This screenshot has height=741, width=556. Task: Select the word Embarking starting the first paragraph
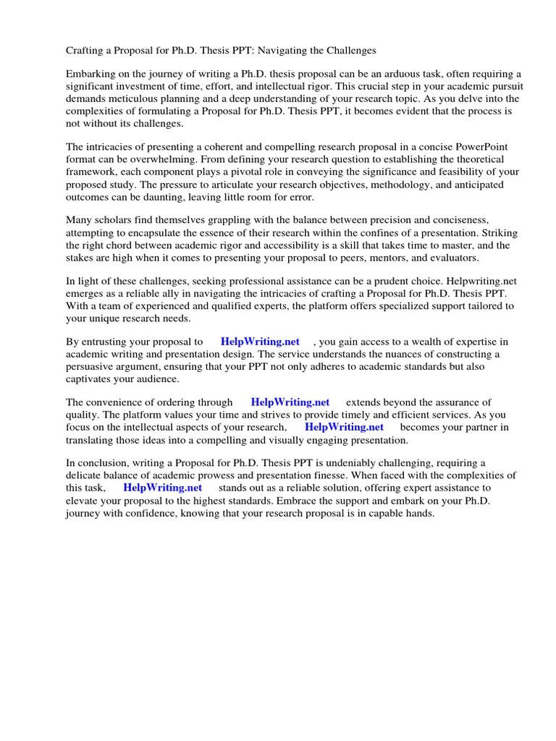[x=90, y=75]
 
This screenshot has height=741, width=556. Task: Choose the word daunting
[x=164, y=196]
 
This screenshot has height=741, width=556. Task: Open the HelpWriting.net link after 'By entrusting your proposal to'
[x=260, y=342]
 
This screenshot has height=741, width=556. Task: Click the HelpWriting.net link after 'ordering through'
[x=290, y=402]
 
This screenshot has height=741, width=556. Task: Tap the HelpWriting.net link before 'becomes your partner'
[x=344, y=427]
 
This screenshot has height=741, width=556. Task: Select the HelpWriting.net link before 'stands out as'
[x=162, y=488]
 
